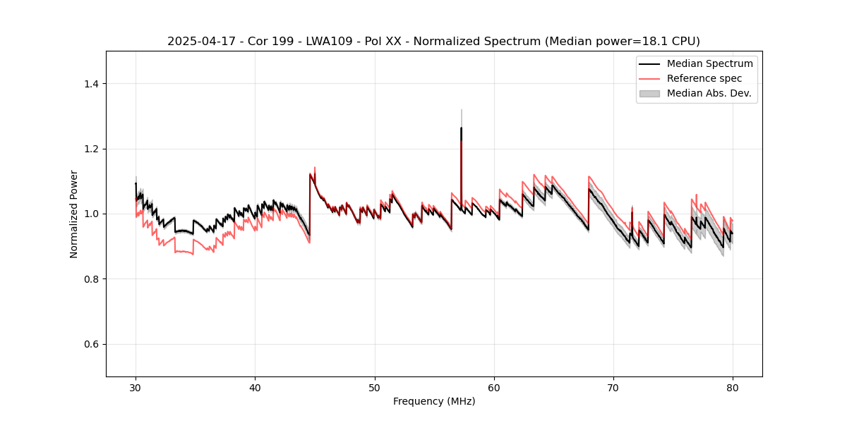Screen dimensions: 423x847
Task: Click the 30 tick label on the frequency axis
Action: coord(136,388)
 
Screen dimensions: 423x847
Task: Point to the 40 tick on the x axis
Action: coord(256,388)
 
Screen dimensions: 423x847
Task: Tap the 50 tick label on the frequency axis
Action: coord(375,388)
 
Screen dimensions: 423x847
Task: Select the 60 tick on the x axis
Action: coord(494,388)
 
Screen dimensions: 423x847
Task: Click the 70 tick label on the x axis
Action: coord(613,388)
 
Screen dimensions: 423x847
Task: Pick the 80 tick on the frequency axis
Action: coord(733,388)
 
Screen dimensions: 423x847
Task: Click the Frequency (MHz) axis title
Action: coord(434,401)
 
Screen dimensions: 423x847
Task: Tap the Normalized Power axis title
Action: coord(74,214)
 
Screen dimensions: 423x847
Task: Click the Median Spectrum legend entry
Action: coord(709,63)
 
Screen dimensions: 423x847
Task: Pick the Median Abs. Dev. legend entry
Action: coord(709,93)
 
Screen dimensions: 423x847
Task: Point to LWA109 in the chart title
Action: coord(332,41)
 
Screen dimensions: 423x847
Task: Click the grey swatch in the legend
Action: coord(649,93)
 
